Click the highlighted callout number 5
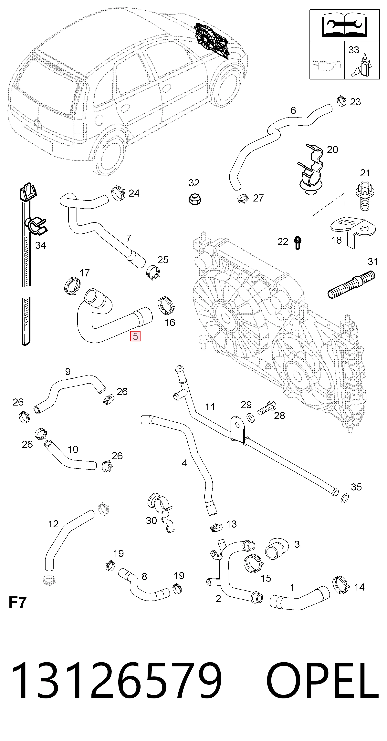tap(135, 336)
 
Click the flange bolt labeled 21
tap(365, 196)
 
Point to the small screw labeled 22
tap(298, 242)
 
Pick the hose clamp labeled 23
tap(341, 100)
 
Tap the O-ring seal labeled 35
tap(345, 498)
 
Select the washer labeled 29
tap(251, 418)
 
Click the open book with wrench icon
tap(344, 25)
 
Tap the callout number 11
tap(210, 407)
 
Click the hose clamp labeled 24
tap(118, 193)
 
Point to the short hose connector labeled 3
tap(277, 549)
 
